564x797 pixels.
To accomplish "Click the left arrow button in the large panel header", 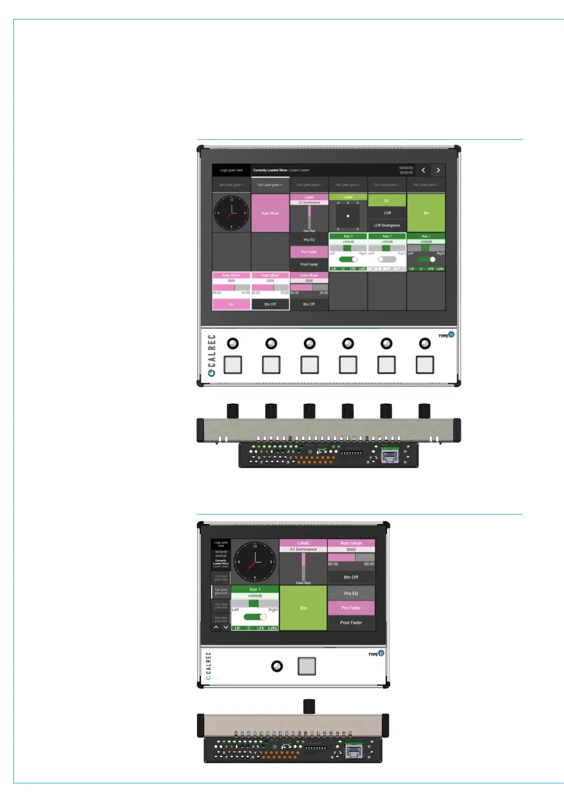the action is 423,170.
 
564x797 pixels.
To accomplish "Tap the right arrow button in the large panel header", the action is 438,170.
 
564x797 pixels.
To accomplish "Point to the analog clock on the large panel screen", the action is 231,213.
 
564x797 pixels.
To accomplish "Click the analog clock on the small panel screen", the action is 255,562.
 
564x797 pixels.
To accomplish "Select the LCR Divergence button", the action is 387,225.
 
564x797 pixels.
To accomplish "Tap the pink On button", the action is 231,304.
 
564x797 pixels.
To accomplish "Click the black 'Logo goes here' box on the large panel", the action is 231,170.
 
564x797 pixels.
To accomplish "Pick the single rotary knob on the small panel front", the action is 277,666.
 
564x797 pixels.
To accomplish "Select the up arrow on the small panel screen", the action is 216,627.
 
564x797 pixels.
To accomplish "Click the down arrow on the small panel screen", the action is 226,627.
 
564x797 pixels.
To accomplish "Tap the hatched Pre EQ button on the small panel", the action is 351,593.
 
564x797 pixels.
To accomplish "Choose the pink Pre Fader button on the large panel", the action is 309,252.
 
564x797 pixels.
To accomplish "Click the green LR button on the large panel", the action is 387,201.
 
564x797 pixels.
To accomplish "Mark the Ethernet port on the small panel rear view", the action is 354,751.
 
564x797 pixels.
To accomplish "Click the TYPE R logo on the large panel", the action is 446,335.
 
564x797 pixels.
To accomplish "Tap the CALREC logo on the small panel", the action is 208,666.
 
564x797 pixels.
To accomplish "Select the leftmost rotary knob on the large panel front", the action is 233,344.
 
